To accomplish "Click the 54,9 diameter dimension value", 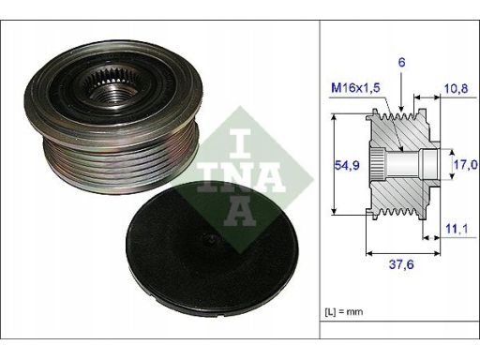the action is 347,165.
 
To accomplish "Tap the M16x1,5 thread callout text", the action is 355,88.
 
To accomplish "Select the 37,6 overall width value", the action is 401,264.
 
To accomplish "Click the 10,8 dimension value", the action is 456,88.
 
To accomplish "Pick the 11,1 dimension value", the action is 457,229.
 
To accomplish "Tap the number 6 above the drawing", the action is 401,62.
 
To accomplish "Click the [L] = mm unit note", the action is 344,311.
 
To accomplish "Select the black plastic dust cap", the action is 212,248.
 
